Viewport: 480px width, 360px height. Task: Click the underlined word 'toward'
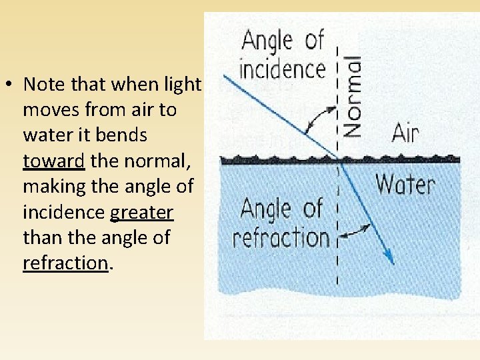tap(53, 161)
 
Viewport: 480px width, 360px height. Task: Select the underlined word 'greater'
tap(141, 213)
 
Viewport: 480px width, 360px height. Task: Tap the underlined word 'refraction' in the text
tap(65, 263)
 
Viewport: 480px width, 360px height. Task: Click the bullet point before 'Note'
tap(12, 85)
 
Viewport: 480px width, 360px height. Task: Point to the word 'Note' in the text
tap(45, 85)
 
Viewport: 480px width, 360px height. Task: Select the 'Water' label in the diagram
tap(405, 183)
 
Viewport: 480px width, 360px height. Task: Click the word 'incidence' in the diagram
tap(283, 69)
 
